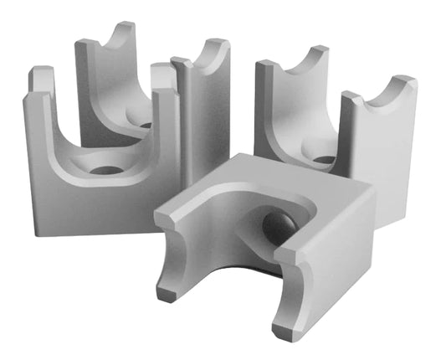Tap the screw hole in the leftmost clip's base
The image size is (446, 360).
point(105,170)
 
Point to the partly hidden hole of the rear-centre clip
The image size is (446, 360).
point(146,125)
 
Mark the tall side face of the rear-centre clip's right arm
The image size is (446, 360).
point(205,126)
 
